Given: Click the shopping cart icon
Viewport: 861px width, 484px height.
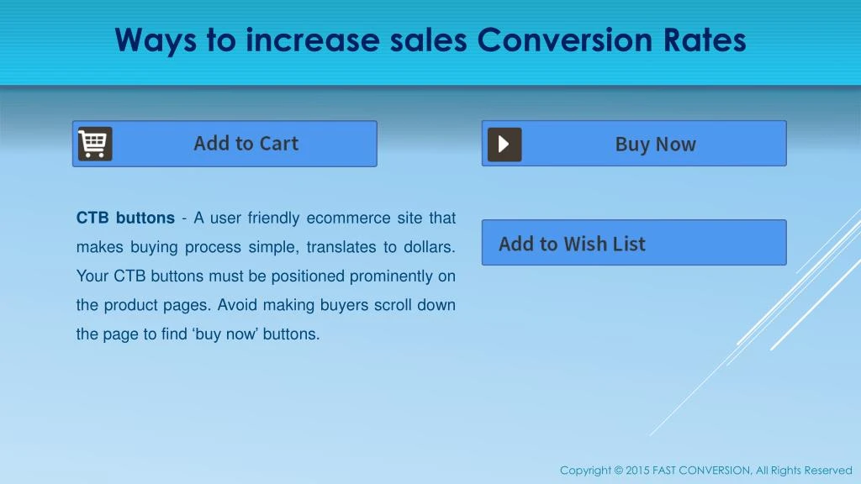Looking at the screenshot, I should point(95,144).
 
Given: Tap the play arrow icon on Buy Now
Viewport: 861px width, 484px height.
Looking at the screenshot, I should point(504,145).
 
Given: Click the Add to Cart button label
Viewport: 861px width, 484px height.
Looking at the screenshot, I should point(246,144).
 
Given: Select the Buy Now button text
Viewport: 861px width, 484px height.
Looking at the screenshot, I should point(655,145).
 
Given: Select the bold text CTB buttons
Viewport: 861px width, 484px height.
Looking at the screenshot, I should point(125,218).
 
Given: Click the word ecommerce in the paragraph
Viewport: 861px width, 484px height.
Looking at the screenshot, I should point(343,218).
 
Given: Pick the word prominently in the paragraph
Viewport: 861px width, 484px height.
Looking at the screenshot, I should point(391,276).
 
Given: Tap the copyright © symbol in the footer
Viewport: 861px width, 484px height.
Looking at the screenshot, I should point(618,471).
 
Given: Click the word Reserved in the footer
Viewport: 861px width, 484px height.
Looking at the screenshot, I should point(828,471).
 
